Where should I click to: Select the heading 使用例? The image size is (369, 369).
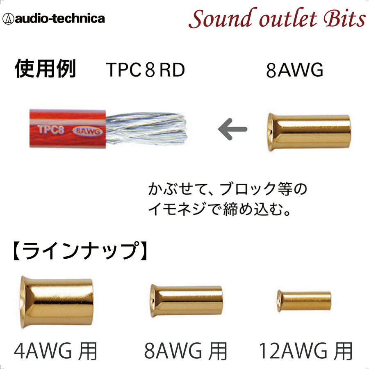pos(45,69)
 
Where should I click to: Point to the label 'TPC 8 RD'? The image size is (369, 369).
pos(145,70)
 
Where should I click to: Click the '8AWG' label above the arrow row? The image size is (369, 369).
pos(294,70)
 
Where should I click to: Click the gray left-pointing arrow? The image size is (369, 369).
pos(232,129)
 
